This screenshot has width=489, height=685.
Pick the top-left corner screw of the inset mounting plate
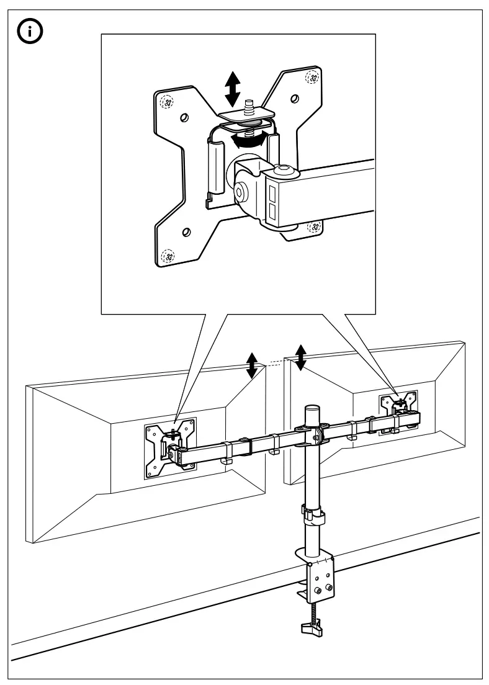coord(165,102)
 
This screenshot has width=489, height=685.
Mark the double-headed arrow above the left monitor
coord(251,365)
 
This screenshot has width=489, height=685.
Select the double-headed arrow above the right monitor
coord(301,357)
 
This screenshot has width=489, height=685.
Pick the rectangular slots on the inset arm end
coord(272,205)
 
